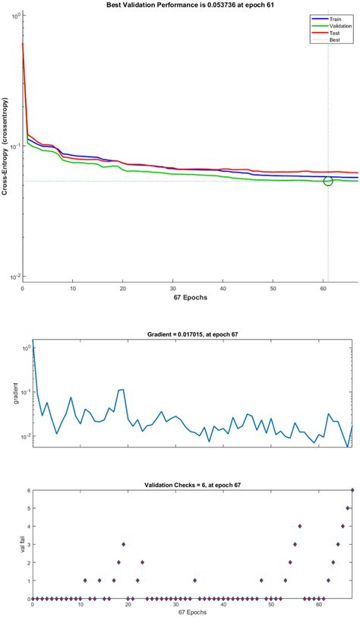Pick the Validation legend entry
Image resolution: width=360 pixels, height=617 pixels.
pos(334,25)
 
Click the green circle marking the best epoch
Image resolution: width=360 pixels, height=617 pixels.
pos(328,181)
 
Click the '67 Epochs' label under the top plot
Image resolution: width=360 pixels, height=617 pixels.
pos(189,297)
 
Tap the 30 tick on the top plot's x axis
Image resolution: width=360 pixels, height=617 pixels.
pos(173,289)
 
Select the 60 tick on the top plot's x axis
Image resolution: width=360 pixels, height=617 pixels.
pos(324,289)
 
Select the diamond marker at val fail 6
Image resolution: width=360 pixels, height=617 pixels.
pos(352,490)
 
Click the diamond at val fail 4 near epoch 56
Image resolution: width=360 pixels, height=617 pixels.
pos(300,526)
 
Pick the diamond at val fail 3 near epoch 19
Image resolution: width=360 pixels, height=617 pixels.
pos(124,544)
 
